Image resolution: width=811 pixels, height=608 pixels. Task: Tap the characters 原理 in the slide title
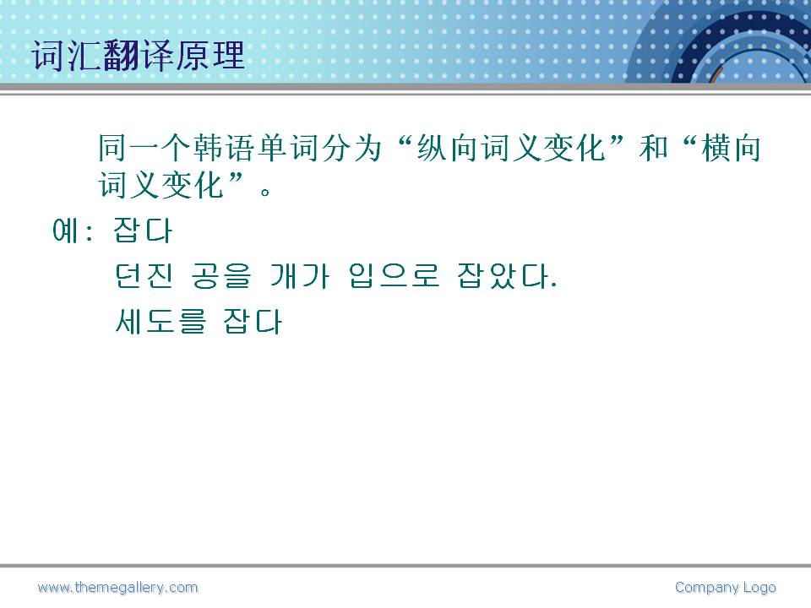210,56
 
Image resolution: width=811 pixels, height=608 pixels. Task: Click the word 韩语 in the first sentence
225,148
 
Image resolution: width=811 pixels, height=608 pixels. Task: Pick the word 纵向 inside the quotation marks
449,148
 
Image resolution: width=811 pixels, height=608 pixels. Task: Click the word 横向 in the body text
732,148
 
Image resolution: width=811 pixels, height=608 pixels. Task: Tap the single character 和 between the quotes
654,148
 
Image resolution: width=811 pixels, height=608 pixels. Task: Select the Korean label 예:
73,230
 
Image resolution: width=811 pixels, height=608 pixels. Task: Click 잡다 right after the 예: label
143,230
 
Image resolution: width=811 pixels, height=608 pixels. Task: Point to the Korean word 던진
144,275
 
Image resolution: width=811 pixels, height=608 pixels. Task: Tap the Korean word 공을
220,275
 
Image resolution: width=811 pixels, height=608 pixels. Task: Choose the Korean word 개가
299,275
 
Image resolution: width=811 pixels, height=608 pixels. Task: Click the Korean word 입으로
394,275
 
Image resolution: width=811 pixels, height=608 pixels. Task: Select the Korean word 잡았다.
507,275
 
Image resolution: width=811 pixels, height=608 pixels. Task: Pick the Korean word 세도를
161,322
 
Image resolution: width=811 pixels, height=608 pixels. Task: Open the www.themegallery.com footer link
118,588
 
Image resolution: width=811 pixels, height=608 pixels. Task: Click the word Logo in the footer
759,588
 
